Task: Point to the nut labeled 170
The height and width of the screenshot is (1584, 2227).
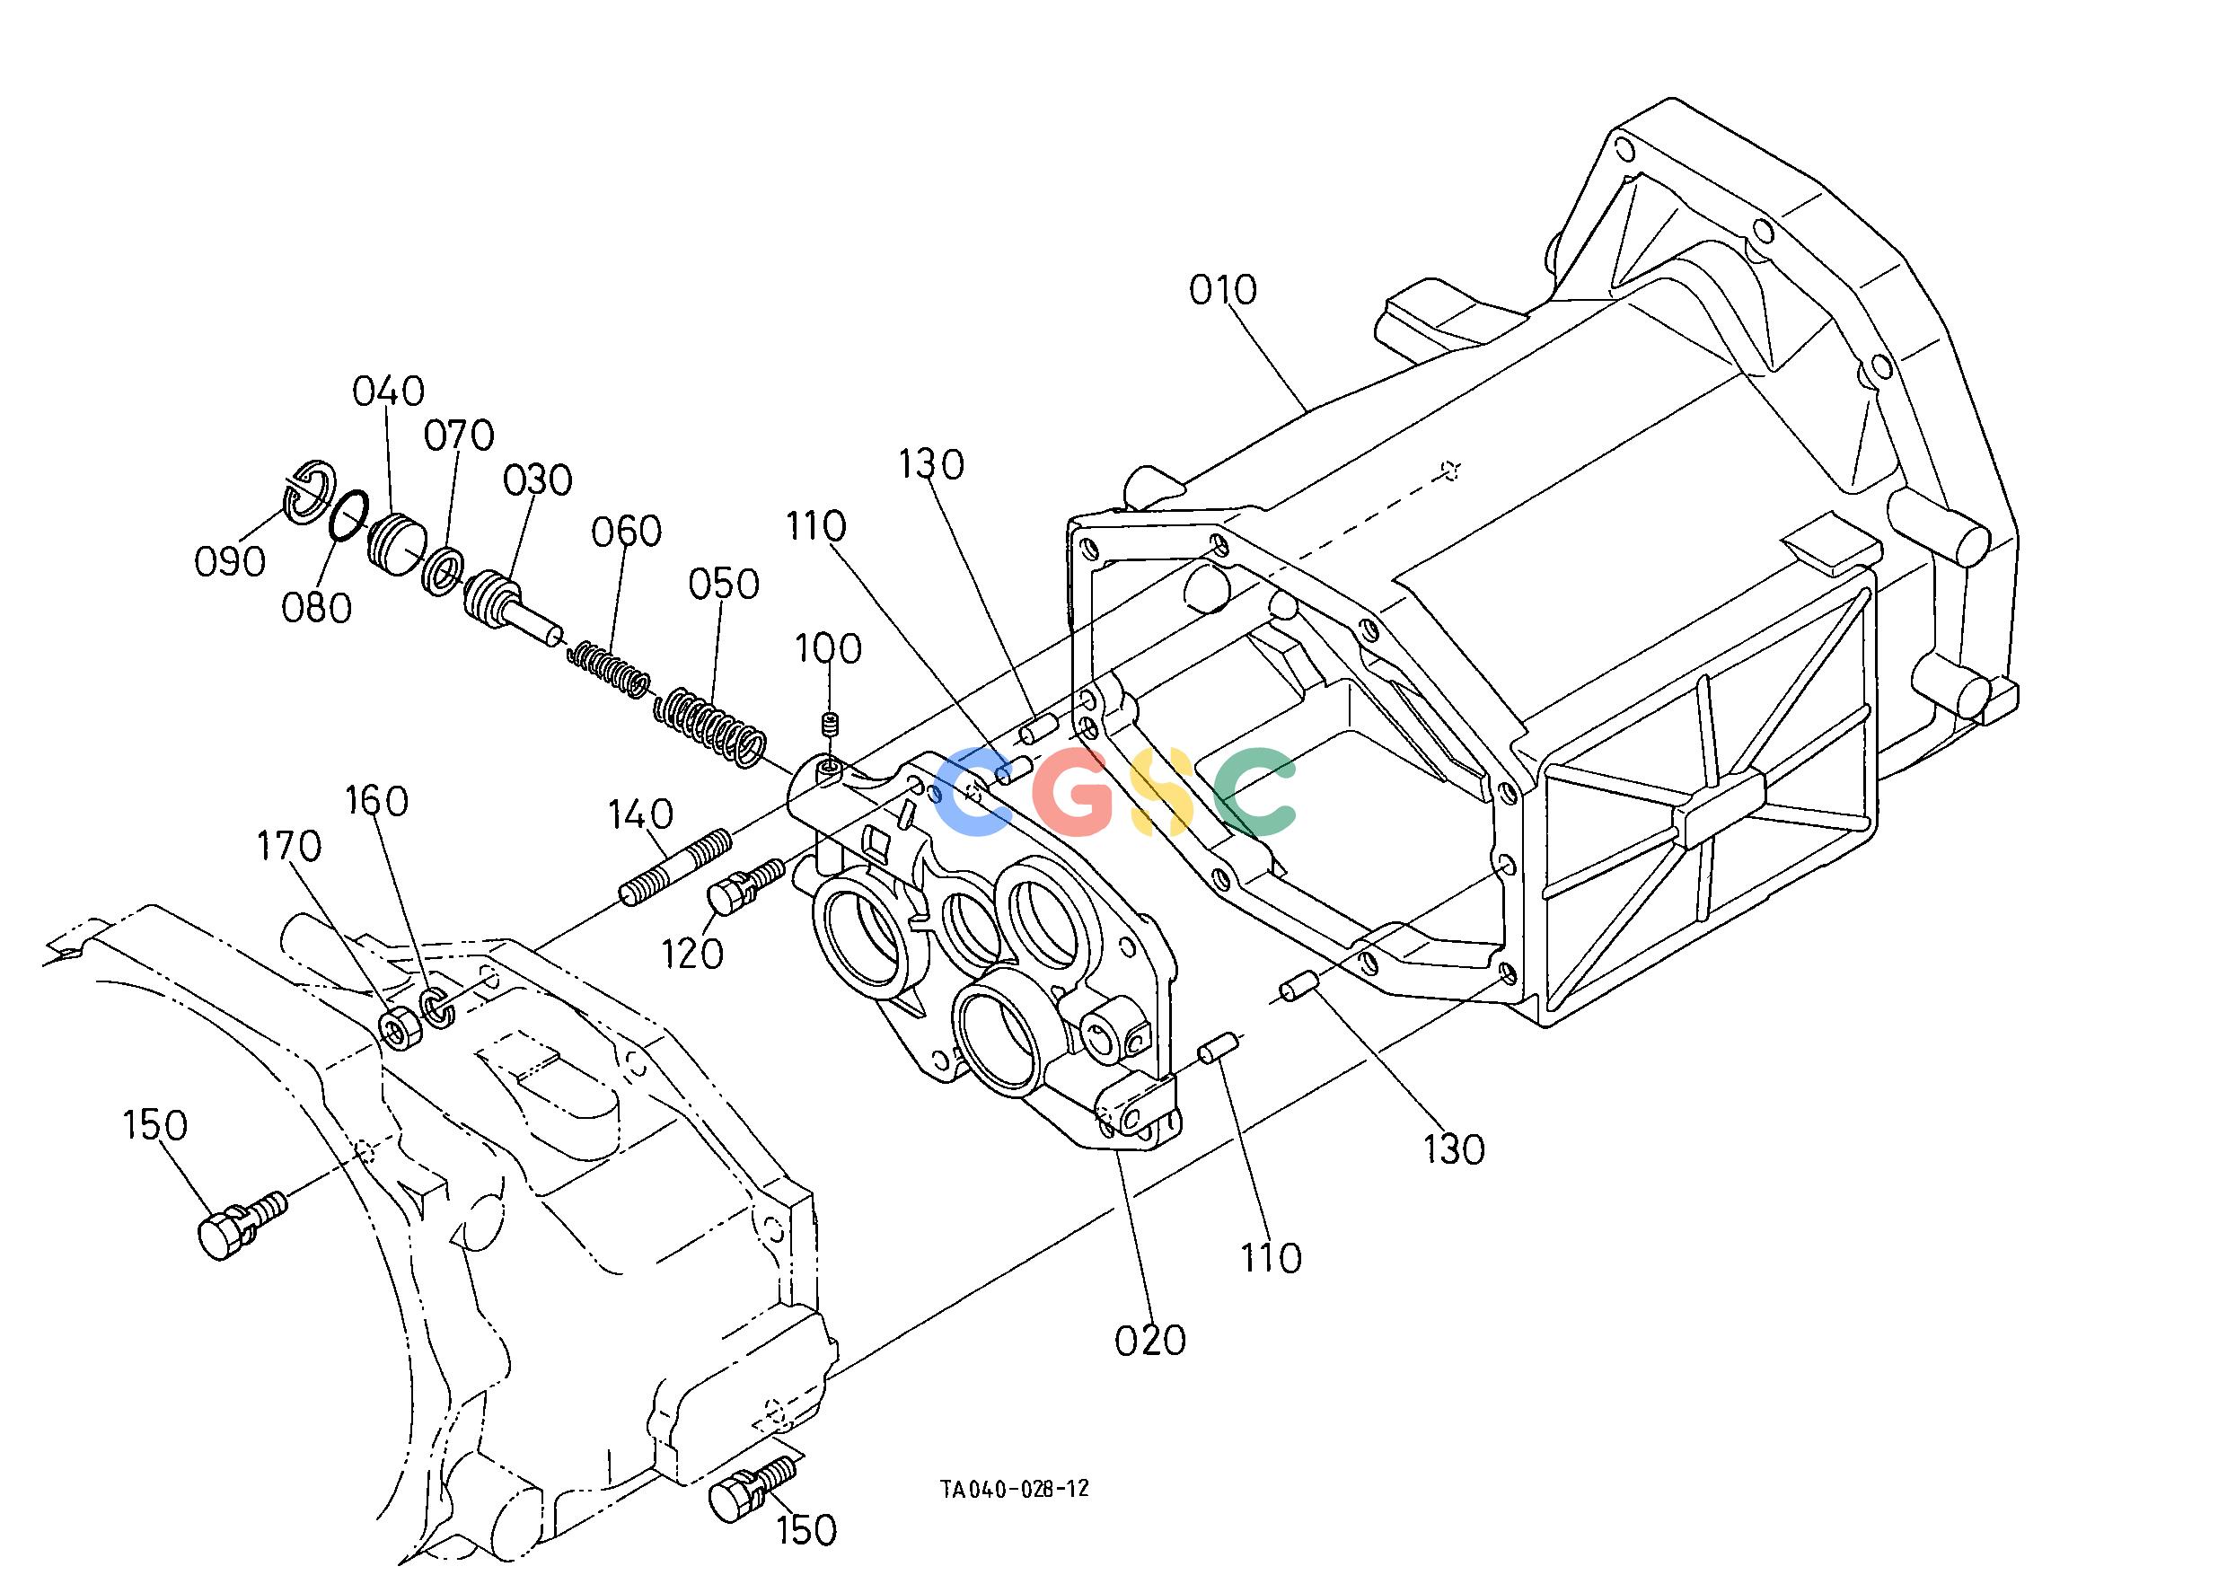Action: [x=400, y=1029]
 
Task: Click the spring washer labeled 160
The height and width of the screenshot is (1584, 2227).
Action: [x=438, y=1008]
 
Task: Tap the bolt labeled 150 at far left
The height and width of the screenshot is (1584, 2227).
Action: [x=242, y=1225]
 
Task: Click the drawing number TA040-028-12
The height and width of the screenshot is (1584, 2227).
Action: [x=1015, y=1516]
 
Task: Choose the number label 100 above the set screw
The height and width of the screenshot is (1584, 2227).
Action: [x=828, y=648]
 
